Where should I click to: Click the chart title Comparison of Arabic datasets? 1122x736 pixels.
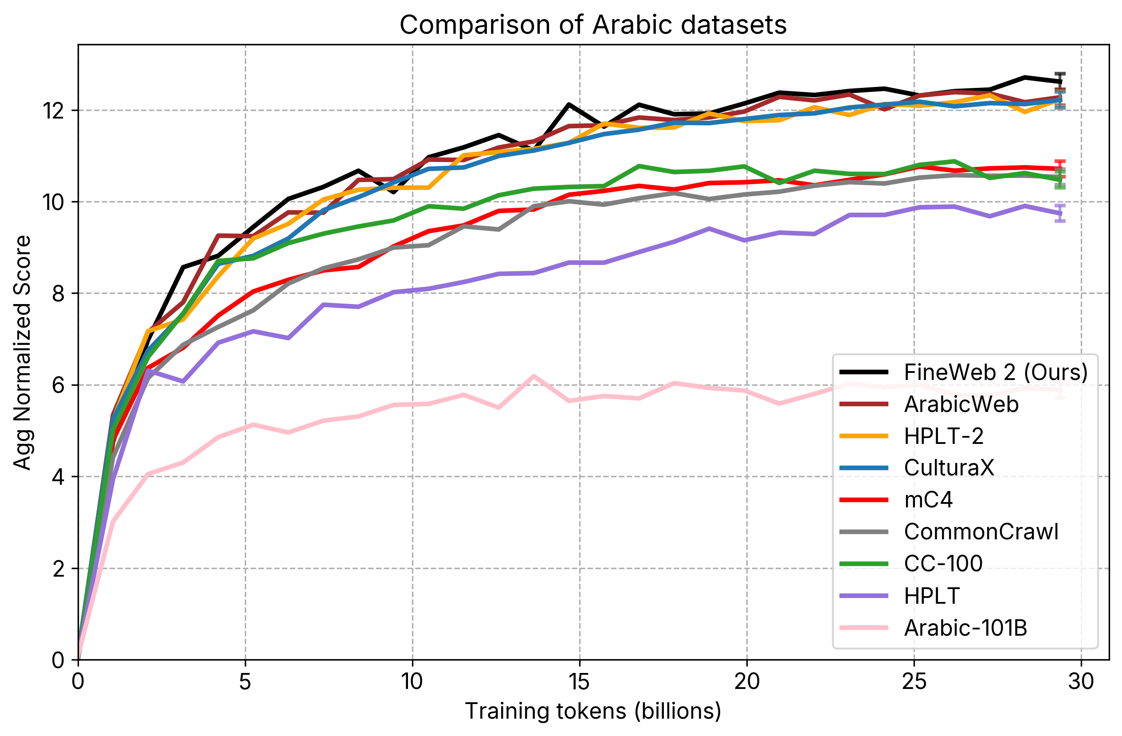[x=592, y=24]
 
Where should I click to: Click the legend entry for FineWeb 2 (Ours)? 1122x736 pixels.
[x=995, y=372]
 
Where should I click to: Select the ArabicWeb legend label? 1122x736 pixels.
[x=961, y=404]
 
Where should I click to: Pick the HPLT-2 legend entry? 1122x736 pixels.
[x=943, y=436]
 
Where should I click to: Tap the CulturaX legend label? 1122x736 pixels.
[x=949, y=467]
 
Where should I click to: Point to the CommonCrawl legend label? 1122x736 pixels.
[x=981, y=532]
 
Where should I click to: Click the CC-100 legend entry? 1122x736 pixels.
[x=943, y=563]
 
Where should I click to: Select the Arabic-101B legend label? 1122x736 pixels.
[x=965, y=628]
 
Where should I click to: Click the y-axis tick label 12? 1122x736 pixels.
[x=54, y=111]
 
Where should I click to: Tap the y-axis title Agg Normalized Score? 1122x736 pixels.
[x=22, y=352]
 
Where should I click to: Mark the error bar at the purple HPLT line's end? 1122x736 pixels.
[x=1060, y=213]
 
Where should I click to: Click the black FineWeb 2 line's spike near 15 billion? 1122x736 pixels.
[x=569, y=104]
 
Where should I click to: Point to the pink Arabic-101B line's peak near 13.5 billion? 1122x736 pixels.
[x=534, y=376]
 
